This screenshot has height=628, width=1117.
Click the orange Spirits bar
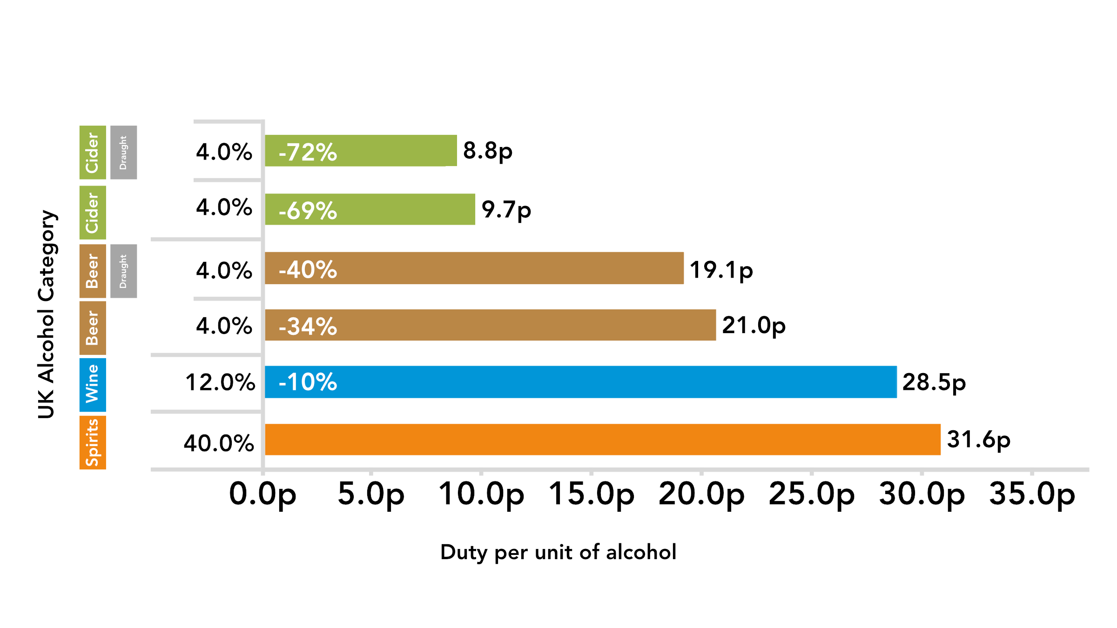click(602, 439)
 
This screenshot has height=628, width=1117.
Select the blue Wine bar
click(580, 382)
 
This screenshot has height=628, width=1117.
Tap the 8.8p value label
click(487, 151)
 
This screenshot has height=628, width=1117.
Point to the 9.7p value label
click(506, 209)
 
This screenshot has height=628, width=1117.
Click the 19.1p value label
click(721, 270)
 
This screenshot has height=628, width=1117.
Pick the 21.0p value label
click(754, 325)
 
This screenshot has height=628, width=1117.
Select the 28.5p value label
click(934, 382)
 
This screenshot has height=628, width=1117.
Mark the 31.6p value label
click(978, 440)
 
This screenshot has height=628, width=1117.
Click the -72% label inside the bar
click(308, 152)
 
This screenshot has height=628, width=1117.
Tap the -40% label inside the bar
click(308, 269)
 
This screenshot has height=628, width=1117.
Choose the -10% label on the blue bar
click(308, 382)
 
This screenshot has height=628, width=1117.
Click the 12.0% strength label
click(220, 382)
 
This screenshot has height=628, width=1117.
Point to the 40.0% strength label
click(219, 443)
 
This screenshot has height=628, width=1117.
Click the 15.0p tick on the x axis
click(591, 494)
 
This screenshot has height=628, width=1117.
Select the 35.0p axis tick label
click(1032, 494)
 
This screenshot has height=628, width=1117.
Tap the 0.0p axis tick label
click(262, 494)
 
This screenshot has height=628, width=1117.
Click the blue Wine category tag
click(93, 385)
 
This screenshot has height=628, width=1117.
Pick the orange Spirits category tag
click(93, 442)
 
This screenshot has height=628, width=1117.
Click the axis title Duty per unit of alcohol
click(558, 552)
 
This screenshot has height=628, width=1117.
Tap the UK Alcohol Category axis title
click(47, 314)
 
